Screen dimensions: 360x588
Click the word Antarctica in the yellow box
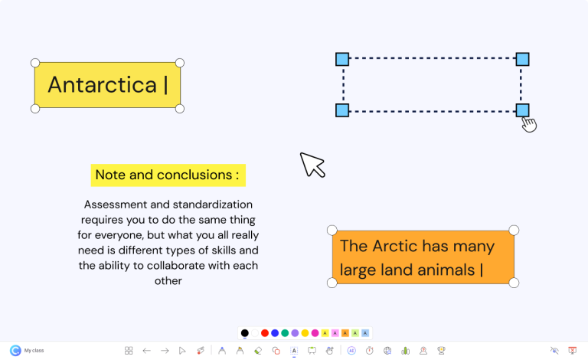102,84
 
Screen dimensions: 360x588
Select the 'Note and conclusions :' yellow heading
168,175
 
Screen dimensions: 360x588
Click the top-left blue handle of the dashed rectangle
342,59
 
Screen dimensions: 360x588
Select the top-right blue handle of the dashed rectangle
522,59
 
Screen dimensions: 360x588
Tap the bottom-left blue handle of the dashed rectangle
342,110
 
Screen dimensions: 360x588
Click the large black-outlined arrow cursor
312,164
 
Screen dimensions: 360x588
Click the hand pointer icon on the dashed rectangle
528,123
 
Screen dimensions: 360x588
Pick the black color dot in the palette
245,333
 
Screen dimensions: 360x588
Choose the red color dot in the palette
265,333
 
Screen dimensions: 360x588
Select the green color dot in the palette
285,333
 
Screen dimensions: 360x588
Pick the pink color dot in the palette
315,333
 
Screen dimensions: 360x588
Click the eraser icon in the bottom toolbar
258,351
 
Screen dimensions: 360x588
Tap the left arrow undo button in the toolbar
146,351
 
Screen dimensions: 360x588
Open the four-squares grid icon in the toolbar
129,351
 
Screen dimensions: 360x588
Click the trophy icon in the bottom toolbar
441,351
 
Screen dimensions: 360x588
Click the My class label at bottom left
34,351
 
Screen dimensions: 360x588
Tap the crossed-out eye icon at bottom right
554,351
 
